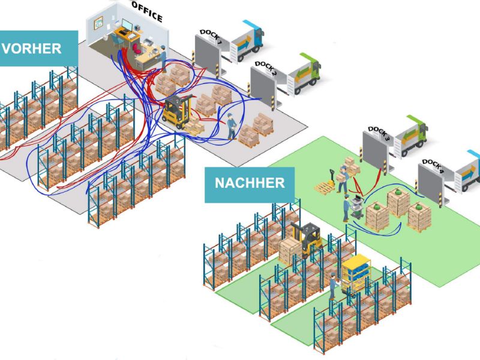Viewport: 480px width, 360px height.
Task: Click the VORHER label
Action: click(36, 49)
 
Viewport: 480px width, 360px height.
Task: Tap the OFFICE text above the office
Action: click(147, 11)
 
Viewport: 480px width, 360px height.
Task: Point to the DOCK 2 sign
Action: click(266, 68)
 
